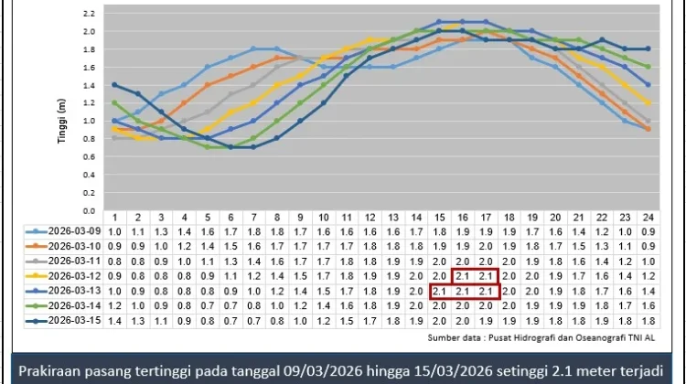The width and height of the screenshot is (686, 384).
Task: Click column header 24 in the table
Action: click(647, 217)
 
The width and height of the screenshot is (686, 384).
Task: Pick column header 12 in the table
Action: click(369, 217)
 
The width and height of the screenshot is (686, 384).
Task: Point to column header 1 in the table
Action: click(114, 217)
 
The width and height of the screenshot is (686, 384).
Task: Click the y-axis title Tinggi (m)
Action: click(62, 106)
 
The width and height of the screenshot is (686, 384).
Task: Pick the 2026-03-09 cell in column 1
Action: click(114, 231)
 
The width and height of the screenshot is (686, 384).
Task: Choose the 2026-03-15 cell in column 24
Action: click(647, 321)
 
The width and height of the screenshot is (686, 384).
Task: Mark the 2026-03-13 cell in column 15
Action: click(438, 291)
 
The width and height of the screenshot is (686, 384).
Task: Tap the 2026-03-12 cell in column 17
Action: click(485, 276)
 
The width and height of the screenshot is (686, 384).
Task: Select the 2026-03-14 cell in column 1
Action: click(114, 306)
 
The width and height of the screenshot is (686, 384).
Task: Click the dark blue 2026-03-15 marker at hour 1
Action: click(114, 84)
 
